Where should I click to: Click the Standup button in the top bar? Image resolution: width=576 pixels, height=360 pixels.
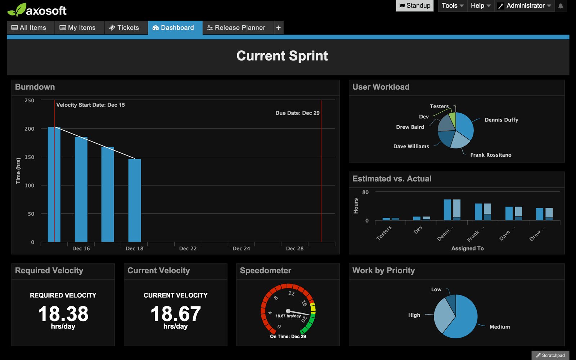pos(415,6)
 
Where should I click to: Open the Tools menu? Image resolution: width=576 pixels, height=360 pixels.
pos(452,6)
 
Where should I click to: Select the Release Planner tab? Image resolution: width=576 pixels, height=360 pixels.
pos(236,28)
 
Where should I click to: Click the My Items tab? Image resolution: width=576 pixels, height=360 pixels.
pos(78,28)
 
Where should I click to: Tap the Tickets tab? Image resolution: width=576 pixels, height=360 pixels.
pos(124,28)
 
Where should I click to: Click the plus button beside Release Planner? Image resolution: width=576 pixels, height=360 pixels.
pos(278,28)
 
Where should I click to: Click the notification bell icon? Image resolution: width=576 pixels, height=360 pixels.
pos(561,6)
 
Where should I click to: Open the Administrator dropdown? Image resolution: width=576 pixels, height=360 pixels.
pos(525,6)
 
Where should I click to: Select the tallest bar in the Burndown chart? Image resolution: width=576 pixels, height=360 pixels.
pos(54,184)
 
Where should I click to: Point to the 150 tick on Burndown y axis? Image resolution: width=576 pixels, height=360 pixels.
pos(30,157)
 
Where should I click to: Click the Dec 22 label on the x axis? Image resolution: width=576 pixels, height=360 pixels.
pos(188,248)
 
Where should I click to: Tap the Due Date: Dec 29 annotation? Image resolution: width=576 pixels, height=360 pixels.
pos(297,113)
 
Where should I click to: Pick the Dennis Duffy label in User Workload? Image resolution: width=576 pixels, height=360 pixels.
pos(501,120)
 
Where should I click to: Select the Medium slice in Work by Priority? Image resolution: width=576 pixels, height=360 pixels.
pos(463,320)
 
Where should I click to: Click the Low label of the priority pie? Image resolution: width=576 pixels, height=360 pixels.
pos(436,289)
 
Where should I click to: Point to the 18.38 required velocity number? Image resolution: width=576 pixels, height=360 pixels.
pos(63,314)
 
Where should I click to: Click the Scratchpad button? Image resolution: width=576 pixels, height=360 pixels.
pos(550,355)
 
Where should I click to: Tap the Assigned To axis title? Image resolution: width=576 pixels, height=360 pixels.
pos(467,248)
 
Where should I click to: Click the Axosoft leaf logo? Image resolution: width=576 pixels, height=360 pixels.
pos(17,10)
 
